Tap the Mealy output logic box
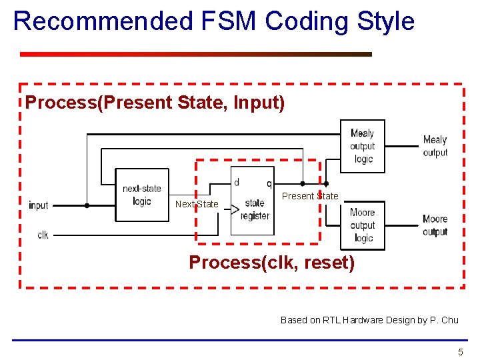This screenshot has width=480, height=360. click(x=363, y=146)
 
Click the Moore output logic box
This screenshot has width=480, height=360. click(x=363, y=225)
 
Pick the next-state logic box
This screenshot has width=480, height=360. click(x=141, y=195)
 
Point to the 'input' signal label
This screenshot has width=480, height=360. click(x=39, y=205)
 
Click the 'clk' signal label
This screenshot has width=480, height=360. click(x=43, y=235)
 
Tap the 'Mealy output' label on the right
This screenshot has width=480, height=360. click(x=435, y=146)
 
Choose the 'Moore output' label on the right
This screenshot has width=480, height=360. click(x=435, y=225)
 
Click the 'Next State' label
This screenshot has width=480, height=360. click(x=196, y=204)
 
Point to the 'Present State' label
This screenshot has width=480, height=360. click(x=310, y=196)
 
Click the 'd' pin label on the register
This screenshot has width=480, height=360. click(x=237, y=182)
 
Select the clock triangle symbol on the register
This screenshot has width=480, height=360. click(x=235, y=210)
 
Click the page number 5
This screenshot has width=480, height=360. click(x=460, y=352)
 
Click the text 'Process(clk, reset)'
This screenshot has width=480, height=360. click(x=272, y=263)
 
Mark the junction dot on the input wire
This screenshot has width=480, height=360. click(x=87, y=205)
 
